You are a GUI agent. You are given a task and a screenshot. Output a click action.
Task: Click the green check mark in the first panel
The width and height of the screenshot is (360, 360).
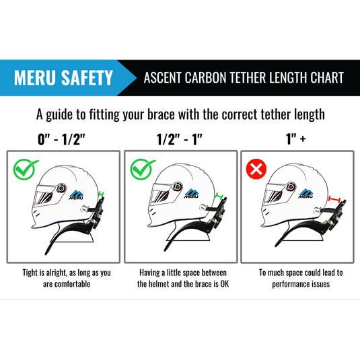click(x=26, y=170)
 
